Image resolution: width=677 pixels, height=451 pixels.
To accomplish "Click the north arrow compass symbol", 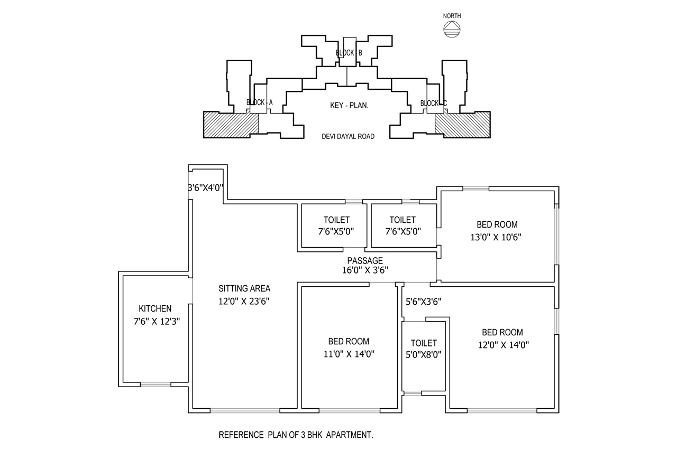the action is click(452, 29).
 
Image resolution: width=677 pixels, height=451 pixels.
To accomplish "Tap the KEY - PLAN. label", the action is click(349, 105).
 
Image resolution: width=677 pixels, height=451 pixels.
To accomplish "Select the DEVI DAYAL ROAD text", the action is click(348, 136).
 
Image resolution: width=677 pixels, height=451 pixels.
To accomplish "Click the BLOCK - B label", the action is click(349, 53).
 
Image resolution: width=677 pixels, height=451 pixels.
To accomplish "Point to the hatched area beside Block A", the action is click(231, 125).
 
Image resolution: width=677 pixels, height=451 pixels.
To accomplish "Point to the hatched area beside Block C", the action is click(462, 125).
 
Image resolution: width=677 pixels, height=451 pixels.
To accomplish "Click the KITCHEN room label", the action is click(155, 308).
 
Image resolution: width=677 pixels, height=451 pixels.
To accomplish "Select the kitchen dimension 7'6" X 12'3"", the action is click(157, 321).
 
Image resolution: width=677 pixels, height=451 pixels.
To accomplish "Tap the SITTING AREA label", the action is click(244, 288).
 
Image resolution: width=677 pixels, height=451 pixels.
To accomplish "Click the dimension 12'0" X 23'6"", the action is click(244, 301).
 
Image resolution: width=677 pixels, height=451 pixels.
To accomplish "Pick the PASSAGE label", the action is click(365, 260).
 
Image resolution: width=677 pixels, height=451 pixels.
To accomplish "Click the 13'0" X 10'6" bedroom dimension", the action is click(496, 237).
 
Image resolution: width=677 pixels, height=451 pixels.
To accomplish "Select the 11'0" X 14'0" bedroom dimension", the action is click(349, 354).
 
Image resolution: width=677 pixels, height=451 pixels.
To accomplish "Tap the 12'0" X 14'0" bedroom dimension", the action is click(503, 345).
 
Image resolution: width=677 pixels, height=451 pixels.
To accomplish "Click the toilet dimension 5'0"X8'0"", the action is click(424, 355).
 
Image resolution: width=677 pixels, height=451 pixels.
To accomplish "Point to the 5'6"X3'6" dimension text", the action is click(423, 302).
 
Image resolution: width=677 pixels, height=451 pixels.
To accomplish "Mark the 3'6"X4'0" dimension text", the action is click(206, 188).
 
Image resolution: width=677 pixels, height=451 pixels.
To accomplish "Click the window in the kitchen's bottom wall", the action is click(155, 384).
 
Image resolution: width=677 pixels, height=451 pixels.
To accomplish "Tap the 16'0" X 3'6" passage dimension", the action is click(365, 270).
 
